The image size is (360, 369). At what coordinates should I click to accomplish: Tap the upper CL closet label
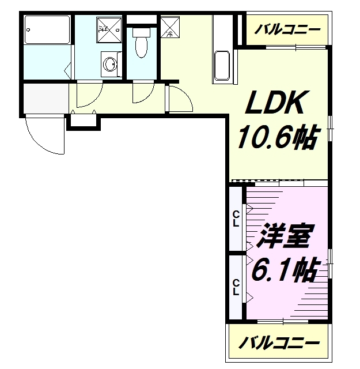pos(236,219)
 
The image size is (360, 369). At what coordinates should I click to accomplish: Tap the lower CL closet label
pos(236,286)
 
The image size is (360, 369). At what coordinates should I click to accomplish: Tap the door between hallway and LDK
pos(179,99)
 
